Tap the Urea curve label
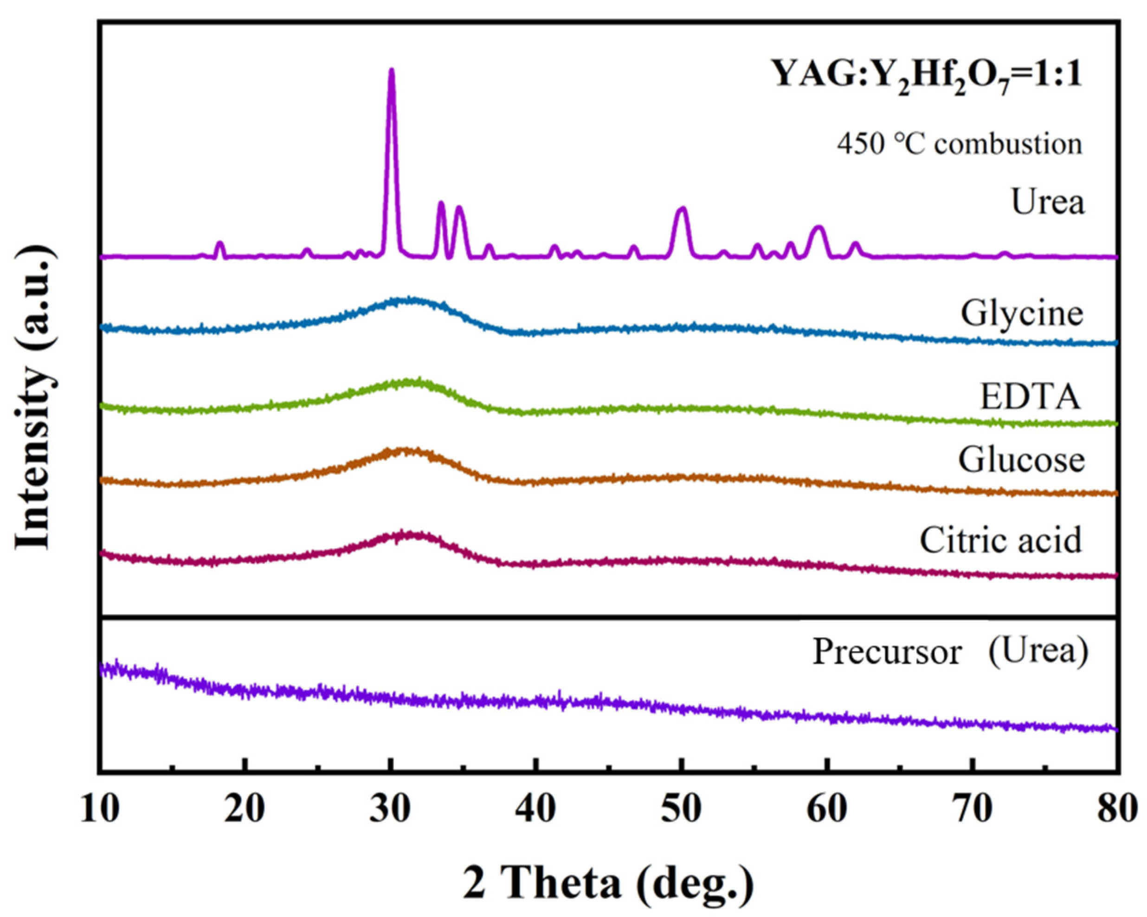(x=1047, y=203)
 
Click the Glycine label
(x=1021, y=314)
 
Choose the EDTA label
(x=1030, y=398)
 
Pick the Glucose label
(x=1021, y=460)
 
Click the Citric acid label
(x=1001, y=540)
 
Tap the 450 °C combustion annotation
(x=959, y=144)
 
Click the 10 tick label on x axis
(x=99, y=811)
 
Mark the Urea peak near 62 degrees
(x=856, y=246)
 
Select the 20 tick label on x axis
(x=245, y=811)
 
